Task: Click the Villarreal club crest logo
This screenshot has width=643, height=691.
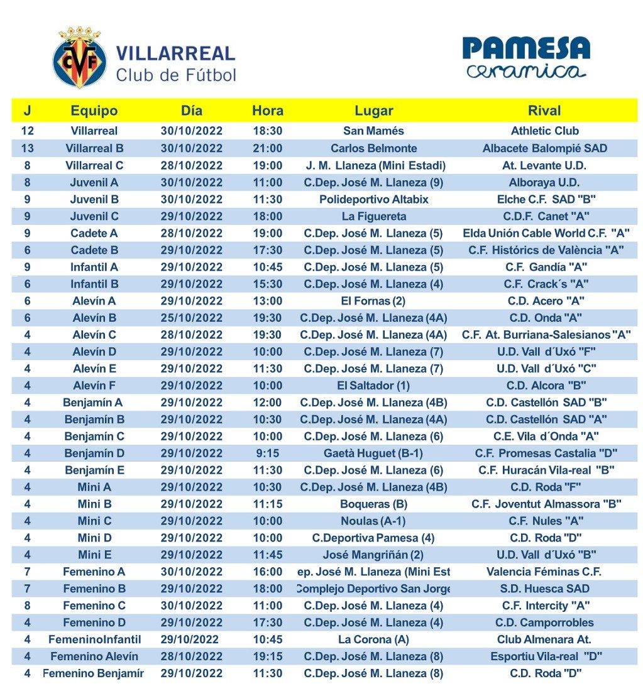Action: tap(79, 57)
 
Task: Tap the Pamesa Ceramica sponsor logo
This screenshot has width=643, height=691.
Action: tap(526, 57)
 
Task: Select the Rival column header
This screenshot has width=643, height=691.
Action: tap(544, 111)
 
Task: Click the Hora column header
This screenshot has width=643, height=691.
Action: tap(267, 111)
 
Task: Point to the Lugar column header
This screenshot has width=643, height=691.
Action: tap(373, 111)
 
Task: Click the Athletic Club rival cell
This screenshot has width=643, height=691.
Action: tap(544, 131)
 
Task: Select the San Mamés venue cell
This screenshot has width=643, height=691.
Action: tap(373, 131)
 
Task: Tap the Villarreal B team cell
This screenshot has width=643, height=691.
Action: tap(94, 148)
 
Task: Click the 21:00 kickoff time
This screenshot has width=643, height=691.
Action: tap(267, 148)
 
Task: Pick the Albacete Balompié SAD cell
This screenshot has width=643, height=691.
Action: tap(544, 148)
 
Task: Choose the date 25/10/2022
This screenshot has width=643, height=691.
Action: tap(192, 318)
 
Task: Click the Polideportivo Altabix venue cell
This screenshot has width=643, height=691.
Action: tap(373, 199)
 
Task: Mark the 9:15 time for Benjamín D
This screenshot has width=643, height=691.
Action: tap(267, 454)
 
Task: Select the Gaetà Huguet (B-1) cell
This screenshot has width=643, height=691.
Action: tap(373, 454)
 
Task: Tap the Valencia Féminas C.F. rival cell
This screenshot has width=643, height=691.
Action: tap(544, 572)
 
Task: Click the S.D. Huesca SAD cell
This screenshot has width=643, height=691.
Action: tap(544, 589)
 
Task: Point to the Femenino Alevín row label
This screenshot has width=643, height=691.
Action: tap(94, 656)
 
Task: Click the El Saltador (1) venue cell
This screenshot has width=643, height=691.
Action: tap(373, 386)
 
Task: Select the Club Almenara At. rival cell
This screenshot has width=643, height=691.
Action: tap(544, 639)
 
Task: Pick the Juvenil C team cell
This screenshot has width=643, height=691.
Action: tap(94, 216)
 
